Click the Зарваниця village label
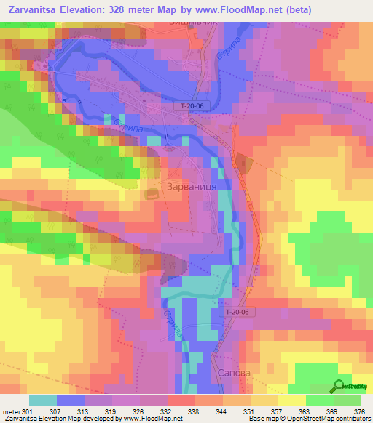pos(192,186)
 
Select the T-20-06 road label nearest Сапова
pos(237,312)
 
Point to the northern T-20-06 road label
pos(194,106)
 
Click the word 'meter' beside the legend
pos(11,411)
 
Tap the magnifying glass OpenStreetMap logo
pos(339,386)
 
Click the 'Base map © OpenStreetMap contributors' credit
pos(308,419)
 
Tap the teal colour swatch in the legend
pos(43,400)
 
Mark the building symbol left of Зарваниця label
pos(152,193)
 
